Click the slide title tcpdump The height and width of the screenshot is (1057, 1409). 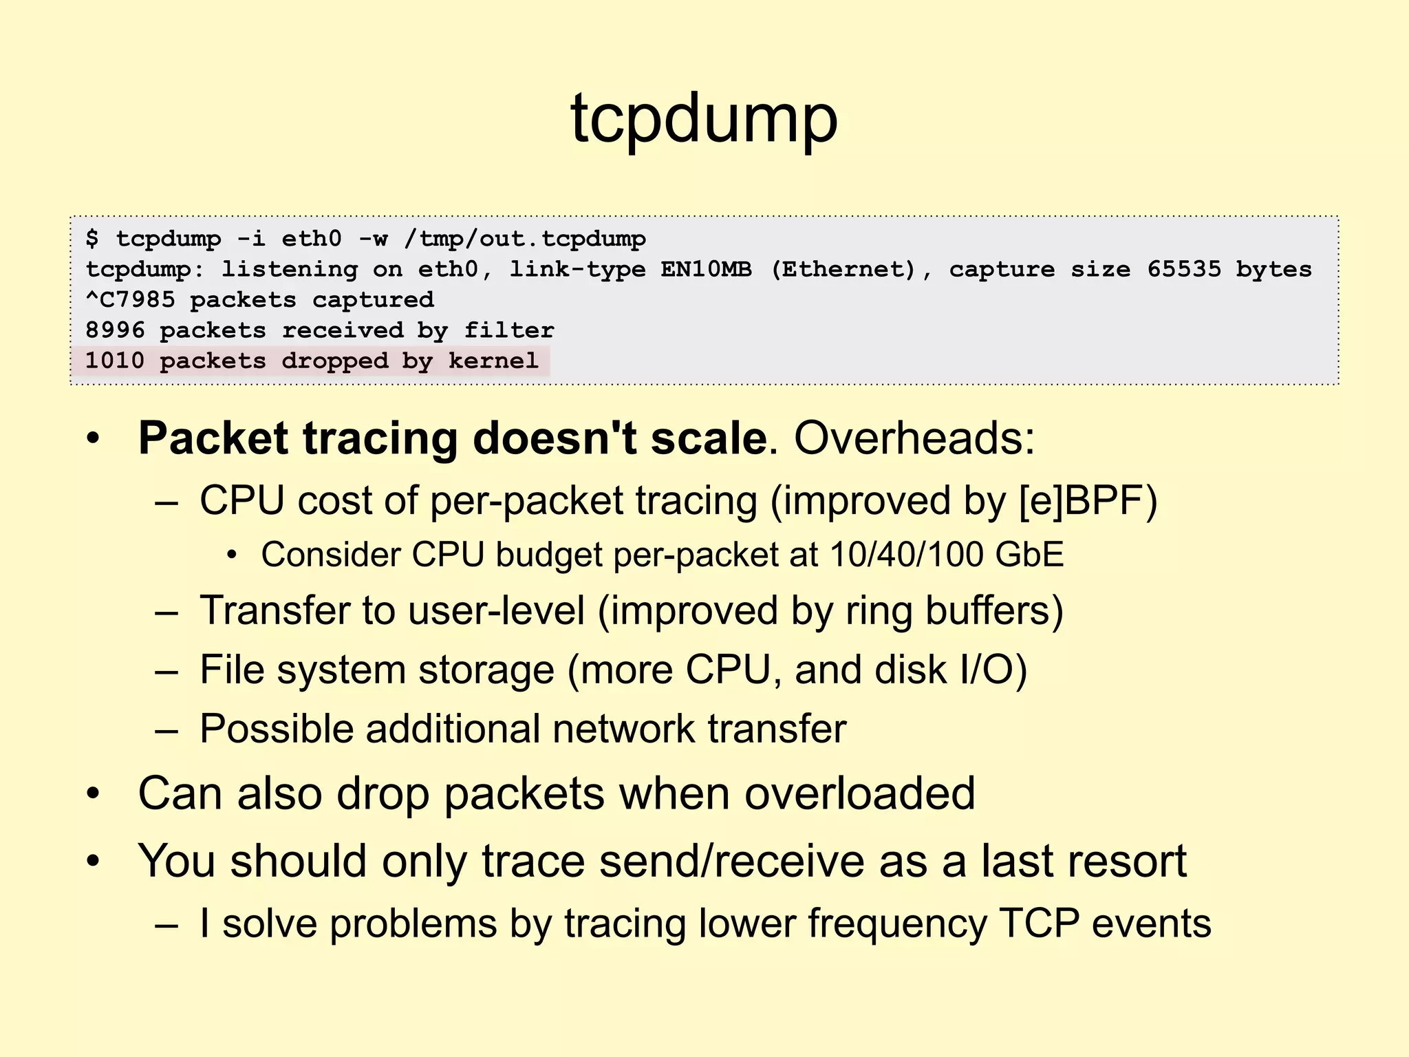[x=704, y=119]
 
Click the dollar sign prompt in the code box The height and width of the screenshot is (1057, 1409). [x=92, y=239]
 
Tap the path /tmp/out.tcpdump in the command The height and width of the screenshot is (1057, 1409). [x=525, y=239]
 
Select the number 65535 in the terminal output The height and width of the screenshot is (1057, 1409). [x=1183, y=269]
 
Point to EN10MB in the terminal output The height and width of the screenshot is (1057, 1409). [x=706, y=269]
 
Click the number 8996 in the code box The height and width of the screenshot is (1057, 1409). [x=115, y=330]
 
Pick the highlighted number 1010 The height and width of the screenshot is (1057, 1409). [x=115, y=361]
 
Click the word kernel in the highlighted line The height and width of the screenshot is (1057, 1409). [x=493, y=361]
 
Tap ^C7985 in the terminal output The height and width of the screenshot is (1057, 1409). [x=130, y=300]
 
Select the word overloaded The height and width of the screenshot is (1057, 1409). [x=859, y=793]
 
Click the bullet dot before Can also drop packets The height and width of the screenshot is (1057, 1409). [x=94, y=794]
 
